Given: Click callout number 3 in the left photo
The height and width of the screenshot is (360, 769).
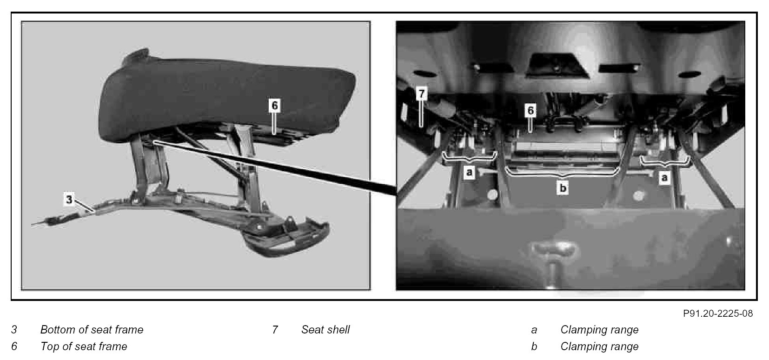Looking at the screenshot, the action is click(x=69, y=200).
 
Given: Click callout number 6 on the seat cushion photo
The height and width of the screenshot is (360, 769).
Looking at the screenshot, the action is click(x=275, y=106).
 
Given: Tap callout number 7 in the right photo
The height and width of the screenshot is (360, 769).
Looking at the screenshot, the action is click(x=422, y=93).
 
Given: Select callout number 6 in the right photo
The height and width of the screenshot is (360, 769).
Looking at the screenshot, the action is click(x=530, y=110).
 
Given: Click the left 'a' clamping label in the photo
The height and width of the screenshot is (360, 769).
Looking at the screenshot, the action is click(x=469, y=172).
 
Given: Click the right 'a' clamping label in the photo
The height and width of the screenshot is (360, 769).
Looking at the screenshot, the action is click(x=665, y=178).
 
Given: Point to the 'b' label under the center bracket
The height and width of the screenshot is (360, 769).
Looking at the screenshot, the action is click(x=563, y=188).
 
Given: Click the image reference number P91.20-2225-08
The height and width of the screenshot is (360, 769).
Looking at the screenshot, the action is click(x=718, y=313).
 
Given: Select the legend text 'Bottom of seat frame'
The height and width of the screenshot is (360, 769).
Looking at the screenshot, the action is click(x=92, y=330).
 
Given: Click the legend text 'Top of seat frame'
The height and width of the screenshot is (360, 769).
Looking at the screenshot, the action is click(x=84, y=346).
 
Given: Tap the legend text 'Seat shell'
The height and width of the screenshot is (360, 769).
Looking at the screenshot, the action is click(x=325, y=330).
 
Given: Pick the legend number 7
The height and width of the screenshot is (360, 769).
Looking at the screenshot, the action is click(x=275, y=330).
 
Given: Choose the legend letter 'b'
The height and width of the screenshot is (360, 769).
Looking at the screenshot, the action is click(x=534, y=346).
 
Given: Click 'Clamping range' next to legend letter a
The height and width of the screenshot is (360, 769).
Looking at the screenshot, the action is click(x=599, y=330).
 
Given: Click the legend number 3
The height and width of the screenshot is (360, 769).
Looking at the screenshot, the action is click(x=14, y=330).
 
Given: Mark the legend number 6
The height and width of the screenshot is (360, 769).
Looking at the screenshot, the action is click(x=14, y=346).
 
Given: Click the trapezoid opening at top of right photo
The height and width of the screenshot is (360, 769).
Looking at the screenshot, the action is click(x=557, y=65).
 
